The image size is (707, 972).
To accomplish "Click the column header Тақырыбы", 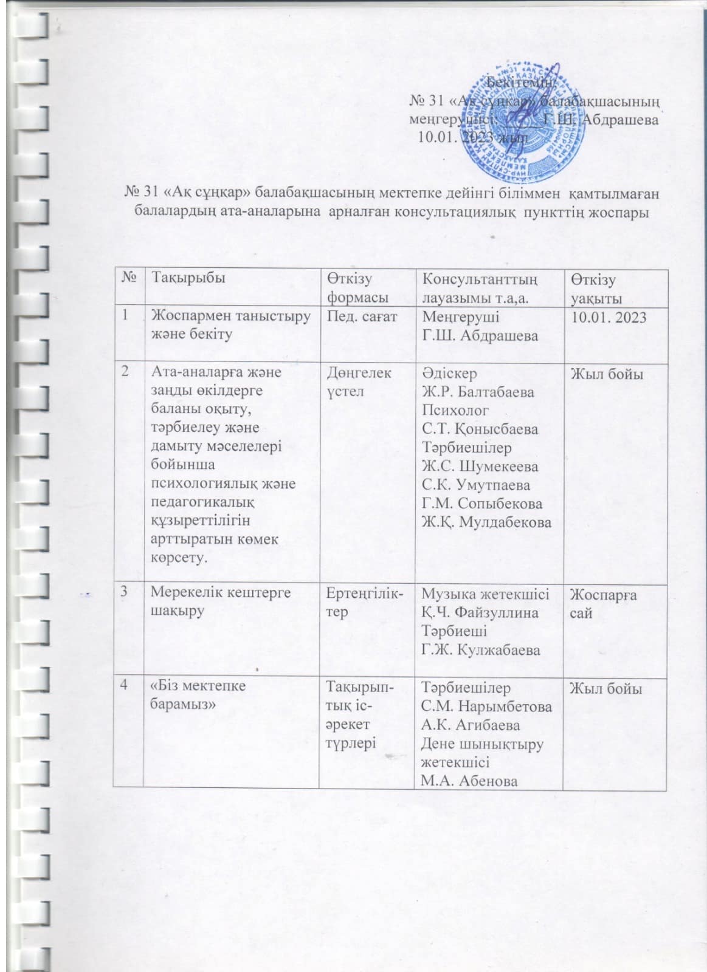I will (188, 278).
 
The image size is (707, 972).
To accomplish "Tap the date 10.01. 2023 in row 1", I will (608, 317).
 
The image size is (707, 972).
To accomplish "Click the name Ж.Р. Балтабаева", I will (478, 392).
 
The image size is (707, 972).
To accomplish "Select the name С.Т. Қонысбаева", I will (480, 430).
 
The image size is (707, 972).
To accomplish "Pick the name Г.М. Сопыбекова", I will (482, 504).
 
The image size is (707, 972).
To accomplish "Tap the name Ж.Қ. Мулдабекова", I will (486, 522).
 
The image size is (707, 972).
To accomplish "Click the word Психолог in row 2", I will (455, 411).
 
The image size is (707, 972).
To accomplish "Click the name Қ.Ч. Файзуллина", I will (480, 612).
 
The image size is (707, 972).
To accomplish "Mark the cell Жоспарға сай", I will (602, 603).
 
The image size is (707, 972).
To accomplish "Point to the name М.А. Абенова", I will (469, 781).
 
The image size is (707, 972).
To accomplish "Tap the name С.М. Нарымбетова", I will (486, 707).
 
